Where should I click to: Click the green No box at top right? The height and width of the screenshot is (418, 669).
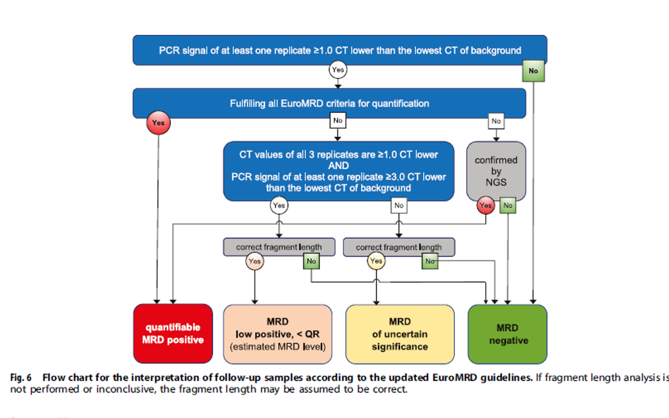(533, 71)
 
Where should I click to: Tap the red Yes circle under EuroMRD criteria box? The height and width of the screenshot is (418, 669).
(158, 123)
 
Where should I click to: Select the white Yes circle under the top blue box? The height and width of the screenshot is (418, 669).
(338, 70)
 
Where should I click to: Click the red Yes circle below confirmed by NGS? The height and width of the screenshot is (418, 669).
(485, 205)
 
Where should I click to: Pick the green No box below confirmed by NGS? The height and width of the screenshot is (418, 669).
(508, 205)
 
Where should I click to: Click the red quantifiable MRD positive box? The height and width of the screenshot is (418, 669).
(173, 334)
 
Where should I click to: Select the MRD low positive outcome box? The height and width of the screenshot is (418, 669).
(278, 334)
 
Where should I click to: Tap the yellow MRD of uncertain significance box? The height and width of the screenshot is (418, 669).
(400, 334)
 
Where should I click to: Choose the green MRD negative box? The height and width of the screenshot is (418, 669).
(508, 334)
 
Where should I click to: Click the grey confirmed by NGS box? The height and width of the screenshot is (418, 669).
(496, 171)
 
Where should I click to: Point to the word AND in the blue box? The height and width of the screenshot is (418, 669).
(338, 166)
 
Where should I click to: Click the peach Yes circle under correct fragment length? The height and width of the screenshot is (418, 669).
(255, 261)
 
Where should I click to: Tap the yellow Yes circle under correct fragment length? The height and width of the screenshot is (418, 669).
(376, 261)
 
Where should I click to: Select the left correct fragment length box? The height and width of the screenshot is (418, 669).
(279, 247)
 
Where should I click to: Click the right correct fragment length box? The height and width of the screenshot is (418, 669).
(398, 247)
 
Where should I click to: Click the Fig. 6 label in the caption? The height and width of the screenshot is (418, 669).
(21, 378)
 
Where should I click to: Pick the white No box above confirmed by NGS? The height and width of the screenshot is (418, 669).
(496, 121)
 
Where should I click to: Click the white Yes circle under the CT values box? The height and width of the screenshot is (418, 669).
(279, 205)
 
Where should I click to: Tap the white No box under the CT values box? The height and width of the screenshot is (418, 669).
(399, 205)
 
